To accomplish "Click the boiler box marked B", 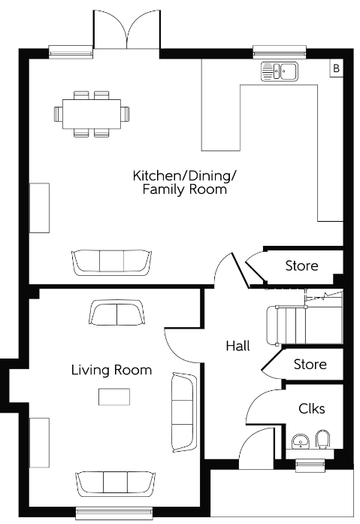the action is [x=337, y=68].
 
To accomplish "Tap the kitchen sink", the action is [x=280, y=71].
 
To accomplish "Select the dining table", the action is [x=92, y=114].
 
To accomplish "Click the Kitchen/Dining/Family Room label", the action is [x=185, y=182].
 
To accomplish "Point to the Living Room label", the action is [x=111, y=370].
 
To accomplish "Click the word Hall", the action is [x=237, y=346].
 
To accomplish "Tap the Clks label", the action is [x=312, y=408].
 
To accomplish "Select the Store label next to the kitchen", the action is [x=301, y=265].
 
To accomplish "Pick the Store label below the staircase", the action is [x=310, y=364].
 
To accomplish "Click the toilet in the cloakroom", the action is [x=322, y=439].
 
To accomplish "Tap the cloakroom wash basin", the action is [x=301, y=442].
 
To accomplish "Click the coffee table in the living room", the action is [x=114, y=397].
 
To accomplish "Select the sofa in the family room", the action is [x=112, y=262].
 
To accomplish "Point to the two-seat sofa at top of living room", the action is [x=117, y=313].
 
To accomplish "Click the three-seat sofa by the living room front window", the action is [x=116, y=485].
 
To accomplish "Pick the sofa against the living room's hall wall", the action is [x=183, y=413].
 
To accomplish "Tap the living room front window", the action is [x=114, y=513].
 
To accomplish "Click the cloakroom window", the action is [x=310, y=465].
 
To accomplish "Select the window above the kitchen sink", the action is [x=280, y=52].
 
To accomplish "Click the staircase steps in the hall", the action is [x=304, y=326].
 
